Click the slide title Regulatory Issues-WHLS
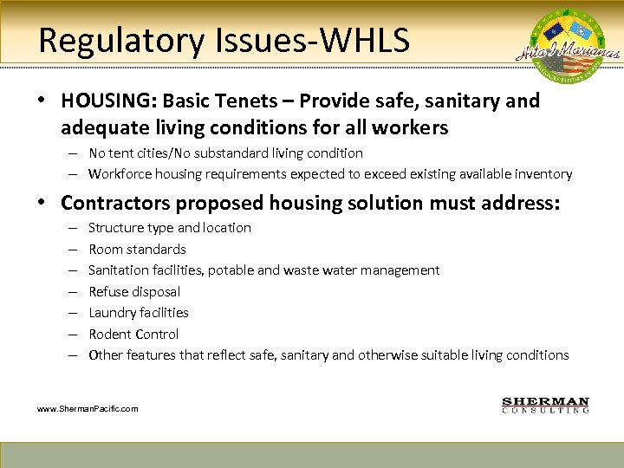click(224, 40)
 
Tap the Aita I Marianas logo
click(573, 48)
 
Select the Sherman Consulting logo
click(545, 405)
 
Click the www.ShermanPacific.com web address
click(88, 408)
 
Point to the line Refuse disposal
click(134, 291)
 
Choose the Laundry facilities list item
click(139, 312)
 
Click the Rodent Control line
click(133, 334)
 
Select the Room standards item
click(137, 249)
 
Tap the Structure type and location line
click(170, 227)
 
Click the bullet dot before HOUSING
click(42, 101)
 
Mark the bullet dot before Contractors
click(42, 204)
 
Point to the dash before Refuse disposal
click(70, 291)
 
